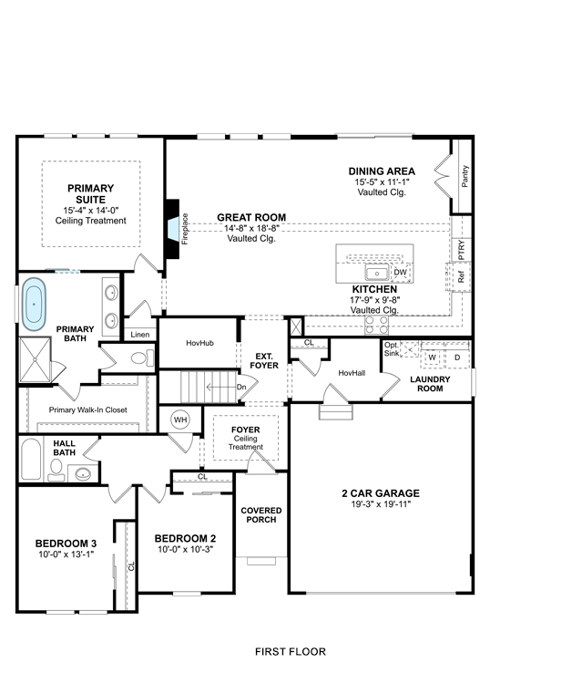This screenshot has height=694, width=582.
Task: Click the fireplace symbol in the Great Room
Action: [172, 229]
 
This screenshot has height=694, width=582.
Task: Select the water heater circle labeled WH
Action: [180, 420]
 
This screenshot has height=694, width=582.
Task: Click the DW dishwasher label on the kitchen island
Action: [401, 272]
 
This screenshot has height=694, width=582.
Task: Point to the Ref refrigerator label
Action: [462, 277]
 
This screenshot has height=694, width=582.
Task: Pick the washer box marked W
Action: [433, 357]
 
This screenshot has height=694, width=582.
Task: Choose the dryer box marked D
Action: [457, 357]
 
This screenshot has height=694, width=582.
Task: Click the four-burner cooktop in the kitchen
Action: [376, 325]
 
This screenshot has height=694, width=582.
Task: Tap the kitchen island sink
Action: [377, 273]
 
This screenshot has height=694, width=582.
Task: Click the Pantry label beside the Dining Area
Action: [465, 176]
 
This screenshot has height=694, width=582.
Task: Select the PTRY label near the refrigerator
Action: [462, 250]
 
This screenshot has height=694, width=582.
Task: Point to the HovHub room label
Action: [199, 343]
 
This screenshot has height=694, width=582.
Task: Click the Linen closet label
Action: [139, 335]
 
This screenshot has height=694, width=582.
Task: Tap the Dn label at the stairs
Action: [241, 387]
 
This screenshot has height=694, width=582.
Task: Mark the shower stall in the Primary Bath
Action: [36, 359]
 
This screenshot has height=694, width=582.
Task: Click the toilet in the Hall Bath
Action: [56, 470]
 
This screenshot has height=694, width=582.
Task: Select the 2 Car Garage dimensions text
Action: [381, 504]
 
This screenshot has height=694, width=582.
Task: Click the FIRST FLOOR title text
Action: [291, 651]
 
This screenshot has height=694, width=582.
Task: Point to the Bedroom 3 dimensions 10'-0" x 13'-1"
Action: [66, 554]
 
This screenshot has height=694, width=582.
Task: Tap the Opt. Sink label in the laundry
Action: [392, 348]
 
